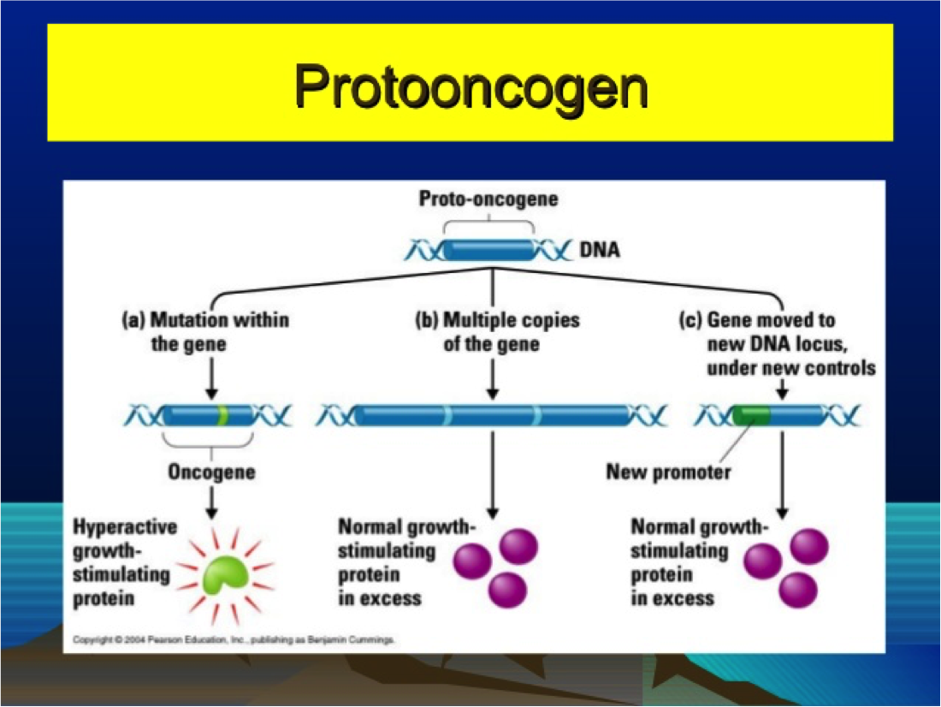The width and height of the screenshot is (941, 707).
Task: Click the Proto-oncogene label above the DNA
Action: (x=488, y=199)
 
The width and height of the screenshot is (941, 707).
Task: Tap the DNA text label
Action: (x=600, y=251)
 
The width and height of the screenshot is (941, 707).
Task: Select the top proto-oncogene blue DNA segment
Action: (x=488, y=250)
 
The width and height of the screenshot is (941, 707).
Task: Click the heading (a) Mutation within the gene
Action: (x=205, y=332)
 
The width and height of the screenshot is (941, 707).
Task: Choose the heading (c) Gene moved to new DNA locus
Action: (x=778, y=343)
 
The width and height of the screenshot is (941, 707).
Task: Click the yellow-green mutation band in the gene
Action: (x=222, y=416)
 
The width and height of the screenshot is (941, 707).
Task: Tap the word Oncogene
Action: (x=211, y=472)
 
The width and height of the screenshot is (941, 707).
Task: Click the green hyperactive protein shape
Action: (x=225, y=574)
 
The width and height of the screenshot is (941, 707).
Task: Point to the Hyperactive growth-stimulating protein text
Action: (x=120, y=562)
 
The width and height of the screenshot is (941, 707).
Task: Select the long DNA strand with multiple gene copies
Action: (x=492, y=416)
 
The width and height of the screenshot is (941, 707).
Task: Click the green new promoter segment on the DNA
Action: (x=750, y=416)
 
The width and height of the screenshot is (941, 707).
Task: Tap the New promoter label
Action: (x=668, y=472)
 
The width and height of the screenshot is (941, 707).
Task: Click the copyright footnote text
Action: (x=234, y=639)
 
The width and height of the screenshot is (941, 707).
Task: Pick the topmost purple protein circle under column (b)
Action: (x=518, y=545)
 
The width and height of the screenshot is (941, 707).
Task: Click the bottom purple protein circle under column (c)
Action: (x=798, y=589)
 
